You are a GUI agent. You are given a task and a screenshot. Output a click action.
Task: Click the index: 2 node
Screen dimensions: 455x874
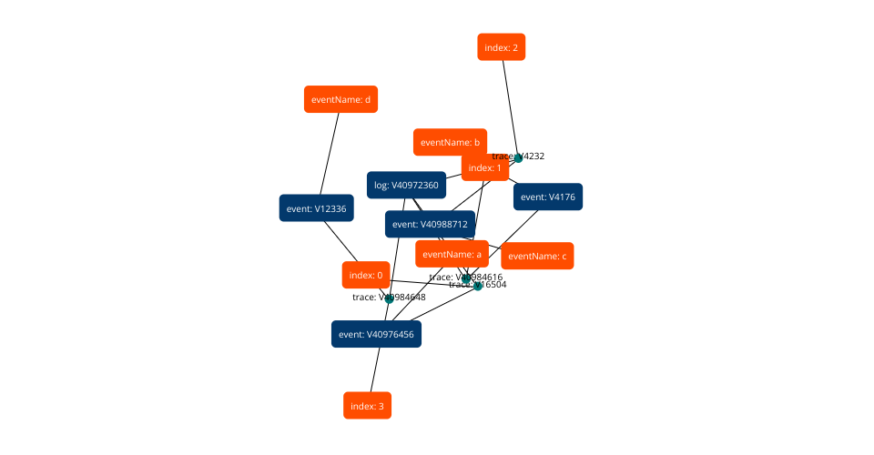tap(502, 47)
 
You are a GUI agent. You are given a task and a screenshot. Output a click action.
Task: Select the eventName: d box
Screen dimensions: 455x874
tap(340, 99)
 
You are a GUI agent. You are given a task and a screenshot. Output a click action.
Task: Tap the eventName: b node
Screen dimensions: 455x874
tap(450, 142)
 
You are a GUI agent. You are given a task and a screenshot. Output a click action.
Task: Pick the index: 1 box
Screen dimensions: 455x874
tap(484, 167)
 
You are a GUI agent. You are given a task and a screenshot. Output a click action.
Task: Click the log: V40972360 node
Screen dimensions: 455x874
tap(406, 186)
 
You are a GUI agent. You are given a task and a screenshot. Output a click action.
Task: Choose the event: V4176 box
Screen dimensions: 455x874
tap(547, 197)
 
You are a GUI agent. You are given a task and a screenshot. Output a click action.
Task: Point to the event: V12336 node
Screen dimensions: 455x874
tap(316, 208)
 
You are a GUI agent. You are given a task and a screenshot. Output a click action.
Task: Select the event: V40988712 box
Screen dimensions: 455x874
tap(430, 224)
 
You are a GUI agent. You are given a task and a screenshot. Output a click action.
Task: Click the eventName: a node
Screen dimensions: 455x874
tap(452, 254)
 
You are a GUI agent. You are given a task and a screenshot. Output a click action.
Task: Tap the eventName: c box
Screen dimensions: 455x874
tap(537, 256)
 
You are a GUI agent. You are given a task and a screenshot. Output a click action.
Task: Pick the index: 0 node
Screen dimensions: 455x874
tap(367, 275)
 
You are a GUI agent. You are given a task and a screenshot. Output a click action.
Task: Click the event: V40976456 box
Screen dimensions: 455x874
tap(376, 334)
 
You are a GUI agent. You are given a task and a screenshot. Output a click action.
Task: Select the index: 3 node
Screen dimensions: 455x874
tap(367, 406)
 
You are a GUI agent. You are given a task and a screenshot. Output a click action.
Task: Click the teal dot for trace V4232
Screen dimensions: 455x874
tap(518, 157)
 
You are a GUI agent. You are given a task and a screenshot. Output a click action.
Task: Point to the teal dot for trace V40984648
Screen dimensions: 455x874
tap(390, 298)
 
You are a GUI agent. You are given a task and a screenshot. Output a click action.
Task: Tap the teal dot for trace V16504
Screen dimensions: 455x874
tap(477, 286)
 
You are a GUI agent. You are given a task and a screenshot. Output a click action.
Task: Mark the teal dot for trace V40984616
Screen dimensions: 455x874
tap(466, 278)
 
